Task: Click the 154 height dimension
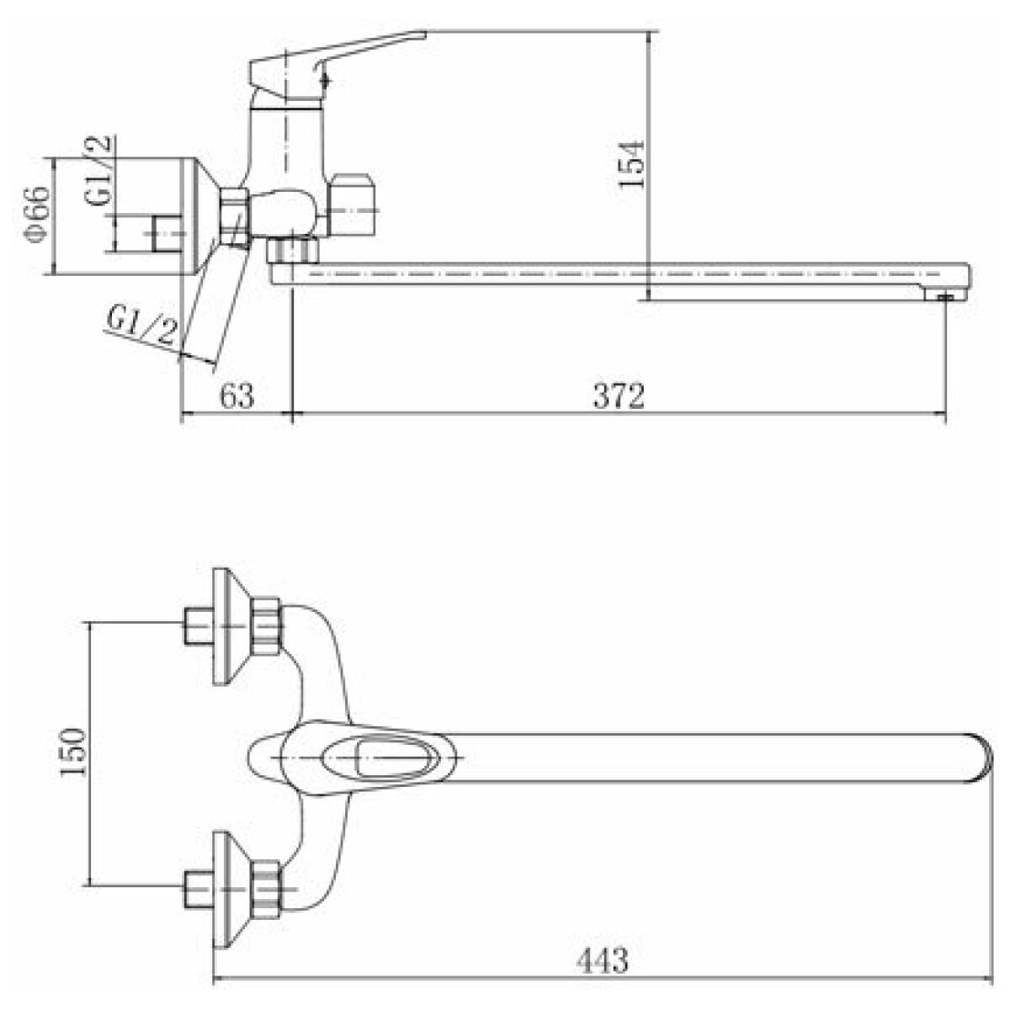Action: coord(630,163)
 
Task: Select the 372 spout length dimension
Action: coord(619,396)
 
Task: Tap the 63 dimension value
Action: coord(237,396)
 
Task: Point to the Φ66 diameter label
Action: coord(38,215)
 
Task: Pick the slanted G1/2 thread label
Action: coord(141,327)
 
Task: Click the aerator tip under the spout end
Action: coord(944,296)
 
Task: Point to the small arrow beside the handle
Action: coord(326,80)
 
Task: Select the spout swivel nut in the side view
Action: coord(292,251)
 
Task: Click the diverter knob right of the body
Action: coord(354,204)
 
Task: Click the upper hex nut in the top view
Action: coord(266,626)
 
